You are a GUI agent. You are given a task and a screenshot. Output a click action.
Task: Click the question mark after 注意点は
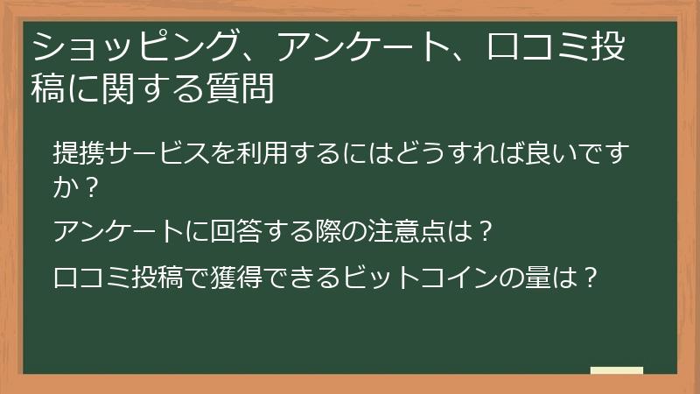tap(486, 232)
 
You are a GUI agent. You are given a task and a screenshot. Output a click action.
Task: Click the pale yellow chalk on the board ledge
tap(617, 370)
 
